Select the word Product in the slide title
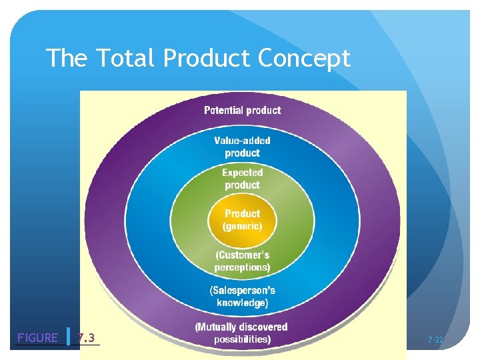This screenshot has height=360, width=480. tap(207, 59)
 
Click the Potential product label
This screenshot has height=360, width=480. tap(242, 110)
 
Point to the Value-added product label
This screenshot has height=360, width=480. tap(242, 147)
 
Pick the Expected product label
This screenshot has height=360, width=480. tap(242, 179)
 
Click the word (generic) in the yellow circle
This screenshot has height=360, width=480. tap(242, 226)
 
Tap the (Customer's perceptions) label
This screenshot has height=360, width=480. tap(242, 261)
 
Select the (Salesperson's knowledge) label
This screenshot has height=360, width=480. tap(242, 296)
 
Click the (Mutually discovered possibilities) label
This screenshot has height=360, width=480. tap(241, 333)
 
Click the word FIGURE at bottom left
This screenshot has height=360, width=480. tap(37, 338)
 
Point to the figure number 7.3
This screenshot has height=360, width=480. tap(86, 338)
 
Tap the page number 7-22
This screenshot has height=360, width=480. tap(435, 340)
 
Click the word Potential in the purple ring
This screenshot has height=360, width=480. tap(224, 110)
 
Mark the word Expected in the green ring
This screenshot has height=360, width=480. tap(242, 173)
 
